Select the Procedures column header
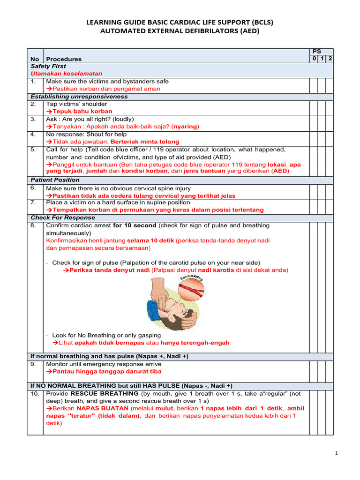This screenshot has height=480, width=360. [x=64, y=59]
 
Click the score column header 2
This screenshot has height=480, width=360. [x=330, y=59]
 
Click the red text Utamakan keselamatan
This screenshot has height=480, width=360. [x=67, y=74]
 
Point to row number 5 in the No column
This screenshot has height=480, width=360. [x=33, y=150]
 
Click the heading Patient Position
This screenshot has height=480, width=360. [x=55, y=180]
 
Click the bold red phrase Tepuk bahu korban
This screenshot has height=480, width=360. [x=82, y=112]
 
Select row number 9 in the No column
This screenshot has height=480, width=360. [x=33, y=364]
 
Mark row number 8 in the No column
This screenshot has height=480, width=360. [x=33, y=225]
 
